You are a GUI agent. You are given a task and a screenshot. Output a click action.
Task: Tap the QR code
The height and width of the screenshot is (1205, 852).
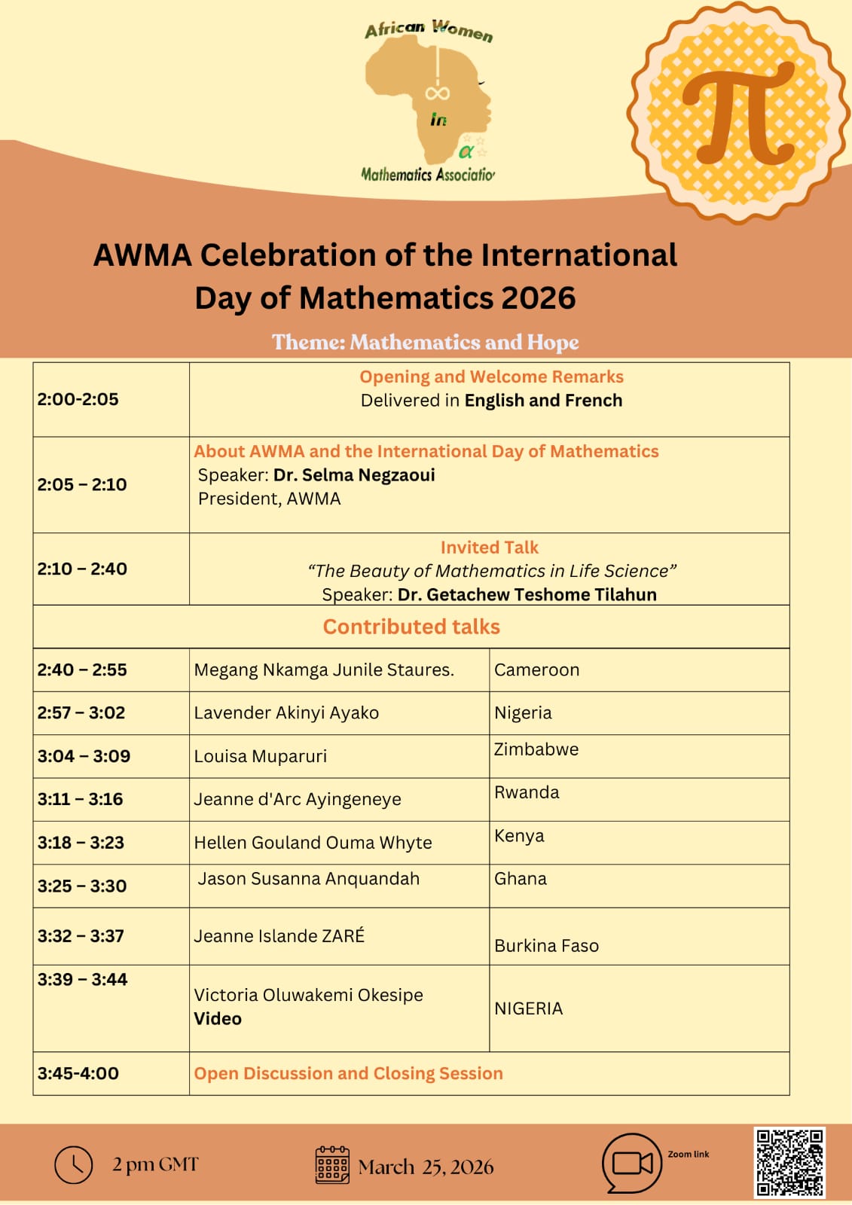[789, 1161]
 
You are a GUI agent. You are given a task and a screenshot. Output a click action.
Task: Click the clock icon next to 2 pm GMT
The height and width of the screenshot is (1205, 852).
[73, 1164]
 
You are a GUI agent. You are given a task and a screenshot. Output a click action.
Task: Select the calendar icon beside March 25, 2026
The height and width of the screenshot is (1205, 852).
[332, 1165]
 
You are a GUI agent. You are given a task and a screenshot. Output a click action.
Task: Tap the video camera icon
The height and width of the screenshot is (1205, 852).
[632, 1163]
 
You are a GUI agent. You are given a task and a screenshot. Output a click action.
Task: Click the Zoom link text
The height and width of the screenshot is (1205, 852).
[688, 1154]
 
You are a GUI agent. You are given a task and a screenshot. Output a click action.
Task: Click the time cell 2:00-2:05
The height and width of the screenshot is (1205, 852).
[78, 399]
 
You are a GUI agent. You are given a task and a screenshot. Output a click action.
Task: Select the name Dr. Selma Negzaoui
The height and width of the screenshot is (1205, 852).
[354, 475]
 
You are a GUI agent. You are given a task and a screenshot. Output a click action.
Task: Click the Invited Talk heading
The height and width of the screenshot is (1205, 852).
[490, 548]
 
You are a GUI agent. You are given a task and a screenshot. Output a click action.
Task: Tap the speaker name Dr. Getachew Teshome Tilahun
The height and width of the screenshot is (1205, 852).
[527, 594]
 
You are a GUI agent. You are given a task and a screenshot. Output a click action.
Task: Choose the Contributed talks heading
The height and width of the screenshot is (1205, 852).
[411, 627]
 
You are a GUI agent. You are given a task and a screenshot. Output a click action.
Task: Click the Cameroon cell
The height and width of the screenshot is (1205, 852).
[536, 670]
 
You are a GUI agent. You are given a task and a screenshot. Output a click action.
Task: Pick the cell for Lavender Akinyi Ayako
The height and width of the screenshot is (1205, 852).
[286, 712]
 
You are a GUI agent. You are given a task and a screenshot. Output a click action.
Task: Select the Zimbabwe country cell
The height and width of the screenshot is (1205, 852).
[536, 749]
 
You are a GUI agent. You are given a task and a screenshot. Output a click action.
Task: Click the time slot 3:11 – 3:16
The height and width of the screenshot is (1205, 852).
[80, 799]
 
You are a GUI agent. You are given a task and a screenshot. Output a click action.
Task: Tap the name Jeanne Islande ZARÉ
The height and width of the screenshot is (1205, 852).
[279, 935]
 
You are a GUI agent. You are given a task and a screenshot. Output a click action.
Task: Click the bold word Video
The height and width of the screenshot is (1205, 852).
[218, 1018]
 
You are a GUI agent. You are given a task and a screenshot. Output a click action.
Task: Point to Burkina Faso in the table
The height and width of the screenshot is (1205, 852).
[546, 946]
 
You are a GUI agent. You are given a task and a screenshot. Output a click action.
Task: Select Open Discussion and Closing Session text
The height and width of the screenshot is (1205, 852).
[348, 1073]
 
